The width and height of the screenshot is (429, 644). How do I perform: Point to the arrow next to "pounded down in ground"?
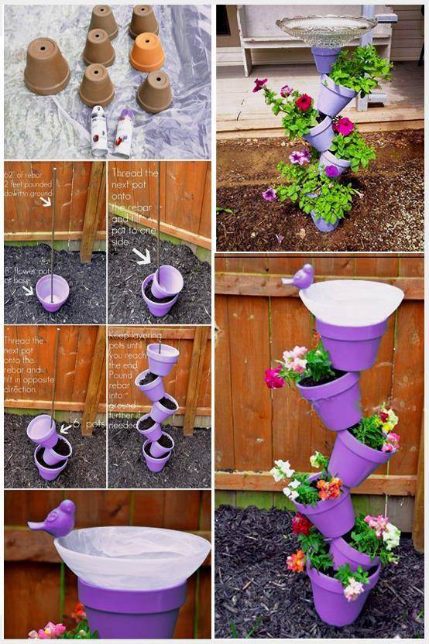[46, 201]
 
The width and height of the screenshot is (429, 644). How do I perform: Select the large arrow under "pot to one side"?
[142, 255]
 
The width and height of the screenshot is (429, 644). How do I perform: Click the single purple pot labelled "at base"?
[53, 292]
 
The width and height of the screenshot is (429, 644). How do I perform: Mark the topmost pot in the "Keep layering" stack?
[163, 358]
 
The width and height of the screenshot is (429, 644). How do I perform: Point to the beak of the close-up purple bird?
[33, 526]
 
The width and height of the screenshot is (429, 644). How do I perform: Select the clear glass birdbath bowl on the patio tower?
[326, 29]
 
